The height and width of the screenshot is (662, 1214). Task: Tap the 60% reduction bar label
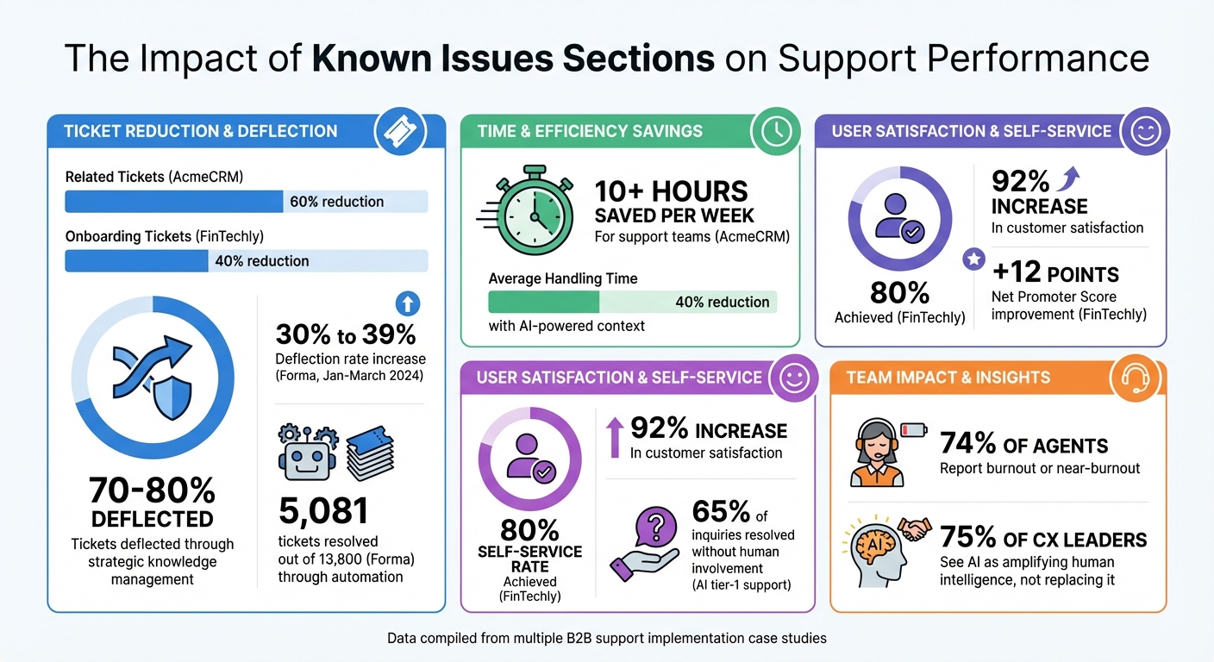click(336, 202)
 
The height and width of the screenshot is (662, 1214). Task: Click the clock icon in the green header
click(775, 131)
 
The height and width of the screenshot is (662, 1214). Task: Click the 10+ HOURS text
click(671, 190)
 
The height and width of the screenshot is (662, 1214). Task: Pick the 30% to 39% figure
click(346, 334)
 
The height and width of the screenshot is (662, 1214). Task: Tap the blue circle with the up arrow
click(407, 303)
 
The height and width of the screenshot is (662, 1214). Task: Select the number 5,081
click(323, 511)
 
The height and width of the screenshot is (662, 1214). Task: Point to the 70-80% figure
click(152, 490)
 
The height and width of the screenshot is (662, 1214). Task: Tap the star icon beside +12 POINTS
click(973, 259)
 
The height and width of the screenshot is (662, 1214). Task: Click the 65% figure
click(721, 512)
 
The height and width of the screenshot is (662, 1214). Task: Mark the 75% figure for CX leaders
click(968, 539)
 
